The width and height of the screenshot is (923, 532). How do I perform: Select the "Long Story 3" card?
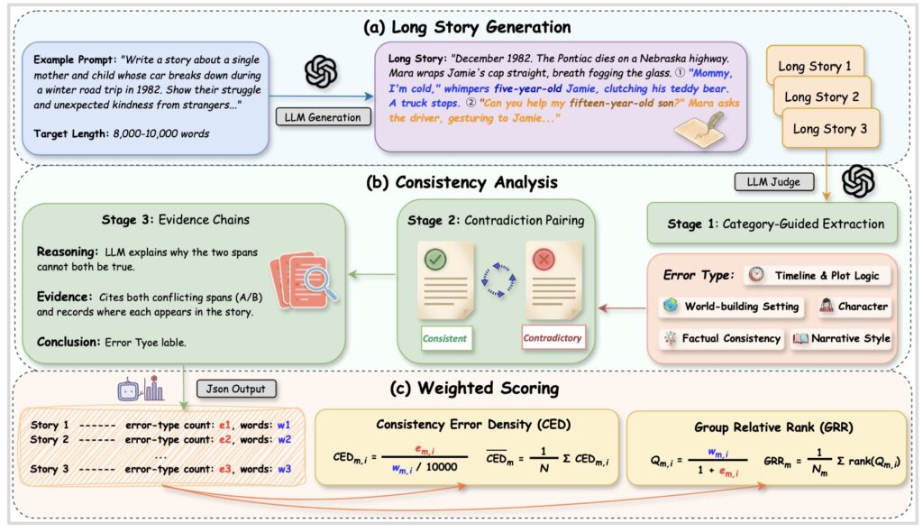829,129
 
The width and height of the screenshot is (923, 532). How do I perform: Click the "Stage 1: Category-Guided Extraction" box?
772,225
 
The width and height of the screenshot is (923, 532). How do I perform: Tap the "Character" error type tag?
853,307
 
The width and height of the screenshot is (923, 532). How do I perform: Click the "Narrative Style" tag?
842,339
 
